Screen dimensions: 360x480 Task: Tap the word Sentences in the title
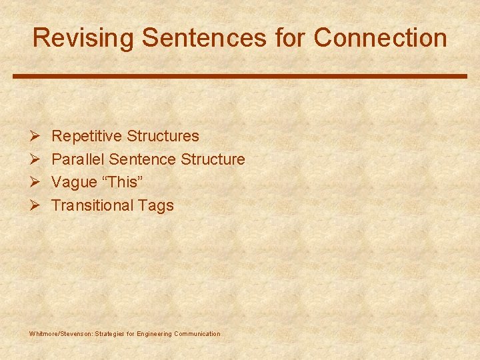click(x=204, y=38)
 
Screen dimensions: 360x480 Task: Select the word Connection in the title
click(x=381, y=38)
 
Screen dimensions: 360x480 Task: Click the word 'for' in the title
click(x=289, y=38)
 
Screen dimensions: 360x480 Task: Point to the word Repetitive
click(x=87, y=136)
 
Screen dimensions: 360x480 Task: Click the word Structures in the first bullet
click(x=163, y=136)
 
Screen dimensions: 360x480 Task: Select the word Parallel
click(x=78, y=159)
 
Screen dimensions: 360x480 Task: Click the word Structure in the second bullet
click(x=213, y=159)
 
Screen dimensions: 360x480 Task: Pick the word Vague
click(x=74, y=182)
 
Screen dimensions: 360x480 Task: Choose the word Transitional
click(x=93, y=205)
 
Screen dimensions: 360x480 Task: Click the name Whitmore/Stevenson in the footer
click(x=61, y=333)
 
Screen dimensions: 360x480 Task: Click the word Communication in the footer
click(x=196, y=333)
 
